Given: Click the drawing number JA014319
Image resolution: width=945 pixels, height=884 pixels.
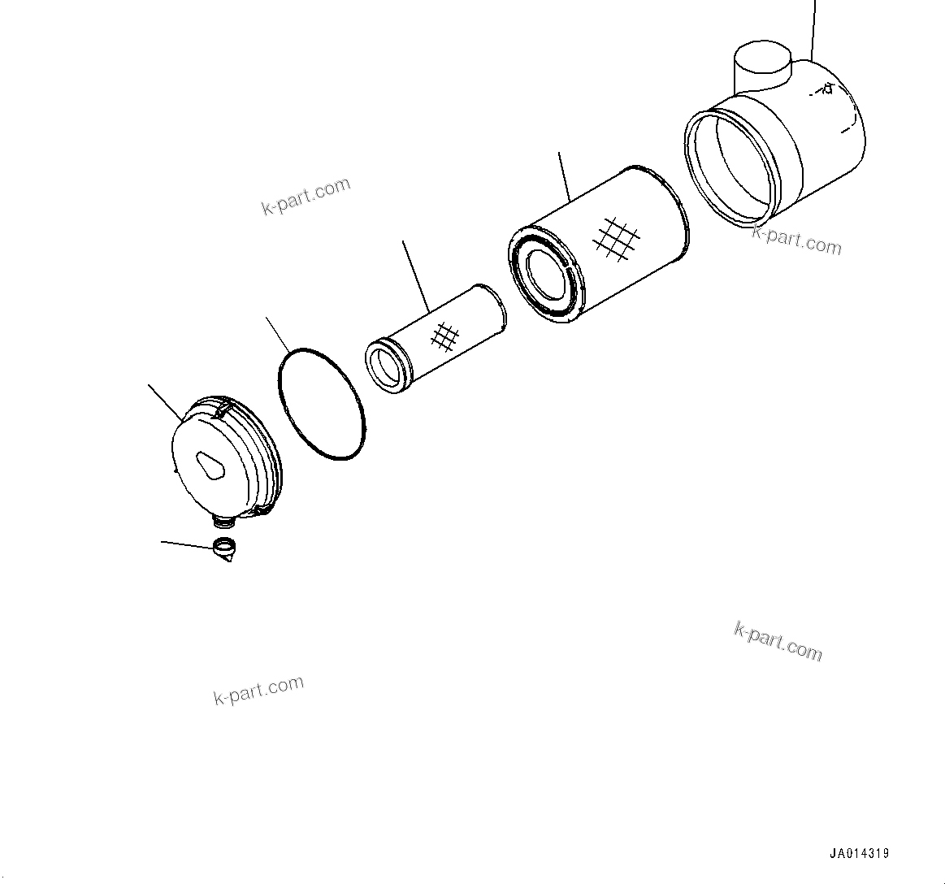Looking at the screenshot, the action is (x=859, y=852).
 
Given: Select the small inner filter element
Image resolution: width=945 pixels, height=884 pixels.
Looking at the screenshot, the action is (x=436, y=340).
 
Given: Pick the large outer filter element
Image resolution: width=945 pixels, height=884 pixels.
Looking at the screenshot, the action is (x=599, y=244).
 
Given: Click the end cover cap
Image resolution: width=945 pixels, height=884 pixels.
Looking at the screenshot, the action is (x=226, y=458).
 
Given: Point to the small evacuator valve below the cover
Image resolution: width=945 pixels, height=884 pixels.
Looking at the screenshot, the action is (x=225, y=549).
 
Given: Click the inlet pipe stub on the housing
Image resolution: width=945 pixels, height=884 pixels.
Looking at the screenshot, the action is (x=762, y=60).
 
